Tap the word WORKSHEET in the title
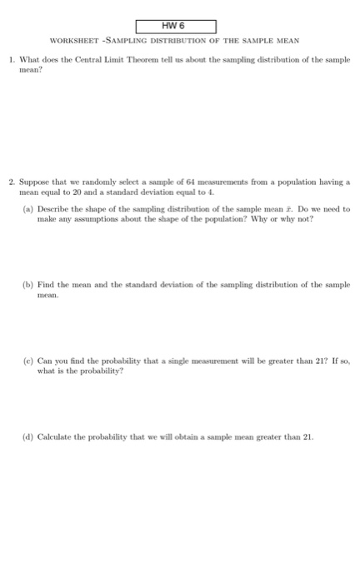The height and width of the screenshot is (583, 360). point(72,42)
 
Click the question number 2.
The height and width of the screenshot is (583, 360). point(9,181)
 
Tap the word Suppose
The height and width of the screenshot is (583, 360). point(34,181)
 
